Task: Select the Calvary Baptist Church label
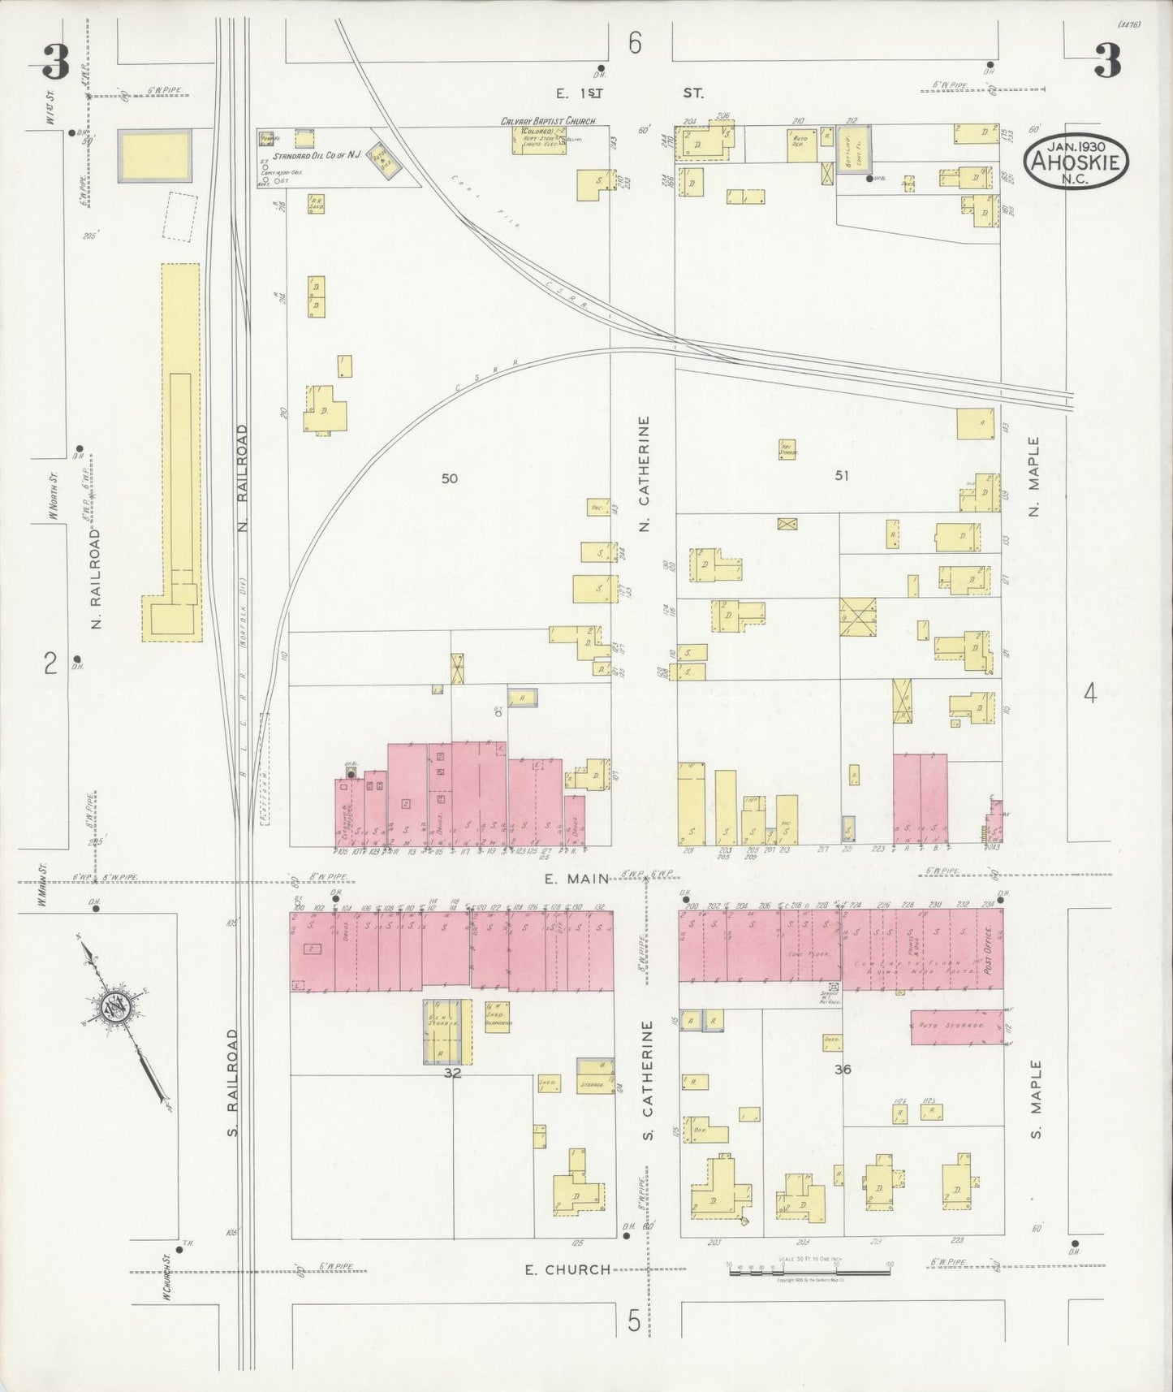(x=548, y=121)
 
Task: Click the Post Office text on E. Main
(x=988, y=950)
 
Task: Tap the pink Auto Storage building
(x=955, y=1027)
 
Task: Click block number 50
(x=449, y=478)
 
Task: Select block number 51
(x=841, y=475)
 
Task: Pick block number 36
(x=843, y=1070)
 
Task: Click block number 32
(x=453, y=1072)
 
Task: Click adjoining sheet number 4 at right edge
(x=1089, y=693)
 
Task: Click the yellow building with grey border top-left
(x=155, y=154)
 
